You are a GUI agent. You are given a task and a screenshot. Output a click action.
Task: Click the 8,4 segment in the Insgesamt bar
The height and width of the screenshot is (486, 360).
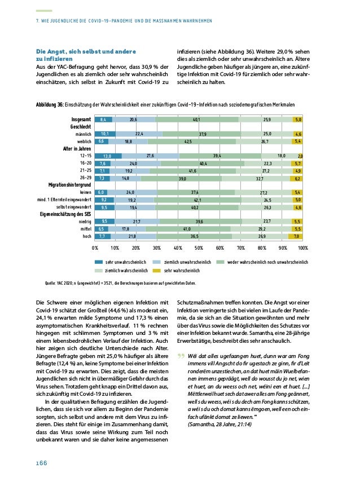click(103, 120)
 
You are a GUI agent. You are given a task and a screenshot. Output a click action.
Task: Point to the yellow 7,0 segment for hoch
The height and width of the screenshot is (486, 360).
click(296, 237)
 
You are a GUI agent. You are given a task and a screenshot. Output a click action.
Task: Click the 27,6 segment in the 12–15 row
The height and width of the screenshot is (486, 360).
click(150, 156)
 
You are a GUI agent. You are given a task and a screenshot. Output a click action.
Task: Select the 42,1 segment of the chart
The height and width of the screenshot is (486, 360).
click(198, 200)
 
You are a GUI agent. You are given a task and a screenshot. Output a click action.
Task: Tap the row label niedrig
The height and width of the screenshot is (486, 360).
click(84, 222)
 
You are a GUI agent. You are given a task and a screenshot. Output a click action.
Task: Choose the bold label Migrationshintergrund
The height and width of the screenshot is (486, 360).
click(70, 185)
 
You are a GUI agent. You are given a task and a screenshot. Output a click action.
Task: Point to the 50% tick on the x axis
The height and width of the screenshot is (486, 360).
click(199, 248)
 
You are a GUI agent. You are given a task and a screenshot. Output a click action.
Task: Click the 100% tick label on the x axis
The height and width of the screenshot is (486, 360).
click(302, 248)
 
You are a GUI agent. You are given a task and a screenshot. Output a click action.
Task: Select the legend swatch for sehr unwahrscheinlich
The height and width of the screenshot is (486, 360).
click(99, 262)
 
